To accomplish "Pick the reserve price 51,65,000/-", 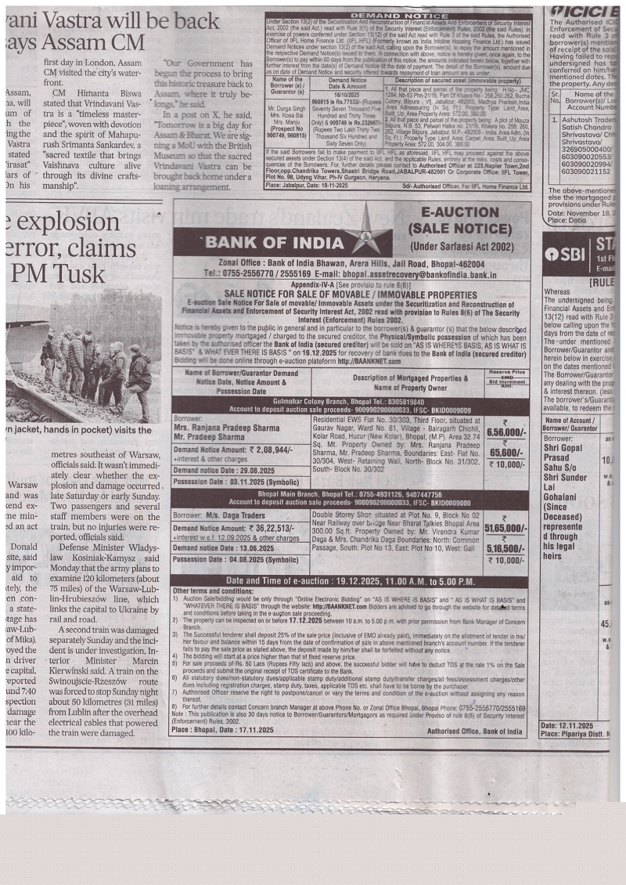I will (505, 529).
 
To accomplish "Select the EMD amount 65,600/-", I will (506, 452).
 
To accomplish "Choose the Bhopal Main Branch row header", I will (348, 495).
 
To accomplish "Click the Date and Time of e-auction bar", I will (348, 581).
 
